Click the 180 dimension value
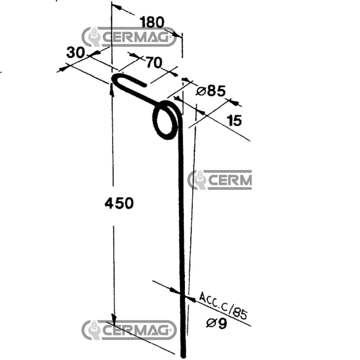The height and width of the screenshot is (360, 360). click(x=152, y=22)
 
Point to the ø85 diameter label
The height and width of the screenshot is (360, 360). click(x=211, y=91)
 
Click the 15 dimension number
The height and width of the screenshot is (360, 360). click(x=235, y=121)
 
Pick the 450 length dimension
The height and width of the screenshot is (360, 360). click(x=119, y=204)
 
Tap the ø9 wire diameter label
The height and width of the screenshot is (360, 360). click(x=216, y=324)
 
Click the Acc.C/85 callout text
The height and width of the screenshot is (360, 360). click(x=224, y=305)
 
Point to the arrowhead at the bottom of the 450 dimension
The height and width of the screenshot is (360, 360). click(x=114, y=319)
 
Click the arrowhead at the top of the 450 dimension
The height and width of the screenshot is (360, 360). click(x=111, y=89)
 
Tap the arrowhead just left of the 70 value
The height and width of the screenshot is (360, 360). click(x=134, y=55)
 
